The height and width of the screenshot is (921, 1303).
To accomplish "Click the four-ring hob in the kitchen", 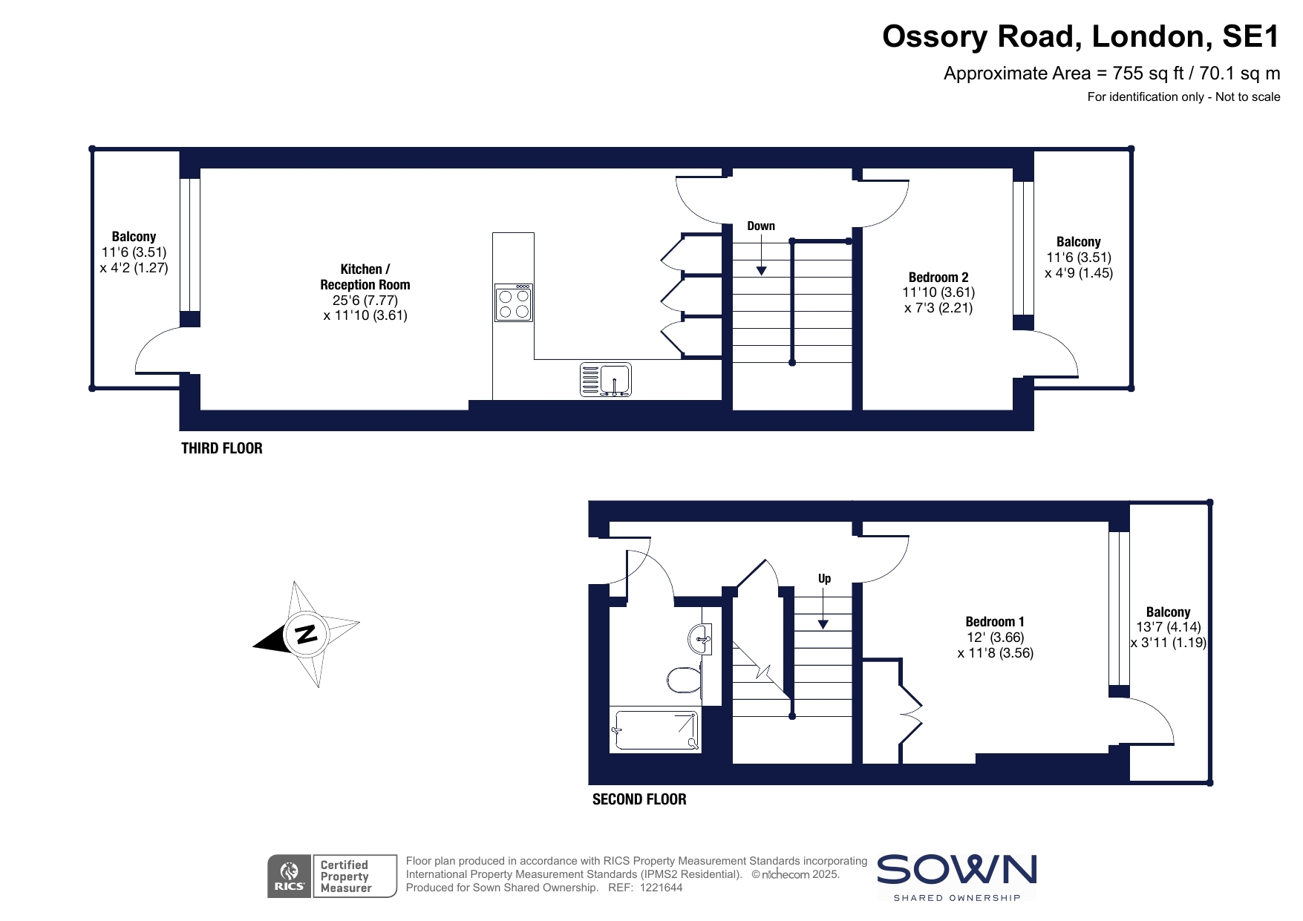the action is (514, 303).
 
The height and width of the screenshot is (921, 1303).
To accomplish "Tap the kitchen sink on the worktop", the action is (605, 379).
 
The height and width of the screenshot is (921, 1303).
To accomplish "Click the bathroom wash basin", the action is (700, 638).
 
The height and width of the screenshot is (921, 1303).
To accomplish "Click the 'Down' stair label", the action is (761, 226).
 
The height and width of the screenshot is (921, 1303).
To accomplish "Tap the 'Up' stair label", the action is (824, 578).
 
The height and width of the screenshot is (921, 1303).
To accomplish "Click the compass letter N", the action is (306, 634).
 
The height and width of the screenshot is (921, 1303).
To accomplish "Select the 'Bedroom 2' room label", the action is (938, 277).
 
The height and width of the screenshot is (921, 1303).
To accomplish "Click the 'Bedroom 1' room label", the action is (995, 621).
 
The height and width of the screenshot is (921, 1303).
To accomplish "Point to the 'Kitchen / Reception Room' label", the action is (365, 277).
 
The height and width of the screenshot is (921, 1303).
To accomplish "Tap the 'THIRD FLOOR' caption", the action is (222, 448).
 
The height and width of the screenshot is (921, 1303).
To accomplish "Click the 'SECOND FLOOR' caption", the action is (639, 799).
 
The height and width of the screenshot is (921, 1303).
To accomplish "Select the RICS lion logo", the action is (290, 876).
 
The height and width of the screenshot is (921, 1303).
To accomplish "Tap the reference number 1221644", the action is (661, 888).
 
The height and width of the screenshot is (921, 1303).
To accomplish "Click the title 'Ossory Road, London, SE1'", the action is (1081, 36).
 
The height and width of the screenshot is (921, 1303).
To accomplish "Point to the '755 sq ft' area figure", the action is (1149, 73).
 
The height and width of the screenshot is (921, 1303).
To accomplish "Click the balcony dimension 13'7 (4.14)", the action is (1168, 627).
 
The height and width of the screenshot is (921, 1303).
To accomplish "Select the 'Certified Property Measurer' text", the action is (346, 876).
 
